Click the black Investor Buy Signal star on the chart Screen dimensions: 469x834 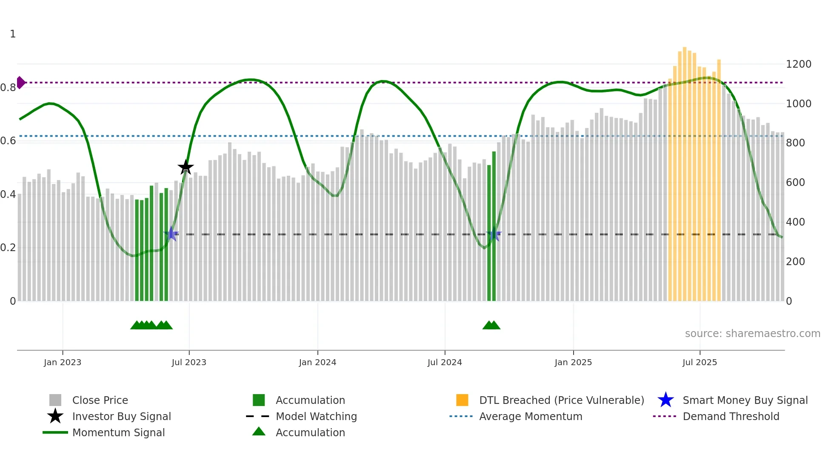tap(186, 167)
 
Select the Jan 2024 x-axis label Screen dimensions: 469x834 tap(317, 362)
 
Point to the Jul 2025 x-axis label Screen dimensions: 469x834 tap(700, 362)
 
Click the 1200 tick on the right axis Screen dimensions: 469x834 tap(798, 64)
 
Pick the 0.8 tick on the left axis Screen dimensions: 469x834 tap(8, 88)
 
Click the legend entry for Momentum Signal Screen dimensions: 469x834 tap(118, 432)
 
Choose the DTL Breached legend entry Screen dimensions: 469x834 tap(561, 400)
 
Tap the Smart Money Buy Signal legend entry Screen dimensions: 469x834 tap(745, 400)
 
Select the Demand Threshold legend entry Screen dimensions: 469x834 tap(731, 416)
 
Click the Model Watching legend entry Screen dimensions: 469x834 tap(316, 416)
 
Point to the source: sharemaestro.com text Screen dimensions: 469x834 tap(752, 333)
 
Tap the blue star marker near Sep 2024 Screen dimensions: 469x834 tap(494, 234)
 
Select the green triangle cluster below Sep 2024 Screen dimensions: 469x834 tap(491, 325)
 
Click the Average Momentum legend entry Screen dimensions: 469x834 tap(530, 416)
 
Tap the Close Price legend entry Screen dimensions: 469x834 tap(100, 400)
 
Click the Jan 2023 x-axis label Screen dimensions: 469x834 tap(63, 362)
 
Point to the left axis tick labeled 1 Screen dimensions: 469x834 tap(13, 34)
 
